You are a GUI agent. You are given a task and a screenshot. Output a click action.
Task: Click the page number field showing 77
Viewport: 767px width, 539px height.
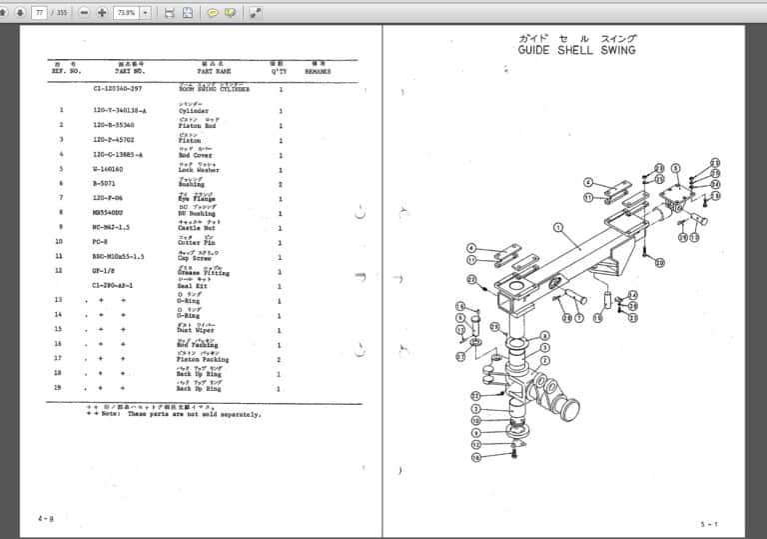pos(40,12)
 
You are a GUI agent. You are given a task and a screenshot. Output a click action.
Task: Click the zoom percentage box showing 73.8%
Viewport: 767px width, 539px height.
pos(126,12)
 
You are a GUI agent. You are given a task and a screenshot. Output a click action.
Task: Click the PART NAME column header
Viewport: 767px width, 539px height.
pos(214,72)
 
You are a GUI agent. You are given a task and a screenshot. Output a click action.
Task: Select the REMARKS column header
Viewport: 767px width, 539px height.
pos(318,72)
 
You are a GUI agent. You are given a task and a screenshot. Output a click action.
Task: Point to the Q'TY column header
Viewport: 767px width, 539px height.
pos(279,72)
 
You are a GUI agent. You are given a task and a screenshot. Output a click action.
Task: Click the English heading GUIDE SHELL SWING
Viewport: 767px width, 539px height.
pos(576,49)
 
